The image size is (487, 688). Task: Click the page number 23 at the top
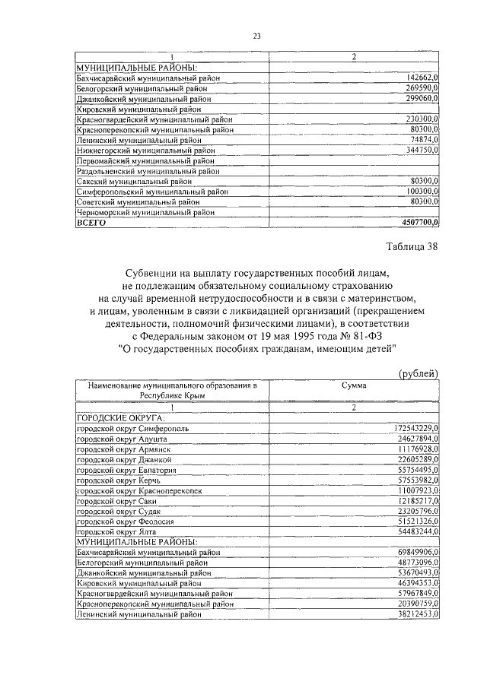[x=256, y=36]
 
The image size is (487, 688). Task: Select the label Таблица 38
[x=412, y=246]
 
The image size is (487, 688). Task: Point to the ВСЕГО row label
[x=91, y=224]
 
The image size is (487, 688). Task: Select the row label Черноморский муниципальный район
[x=143, y=214]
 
